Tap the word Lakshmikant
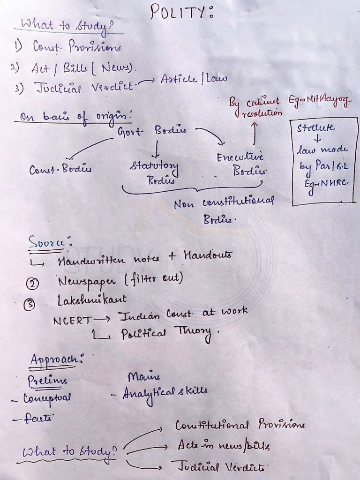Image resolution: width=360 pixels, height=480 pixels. coord(92,299)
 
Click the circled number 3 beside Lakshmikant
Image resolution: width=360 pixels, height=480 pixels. coord(30,304)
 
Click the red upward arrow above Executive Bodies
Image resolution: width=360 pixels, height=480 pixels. coord(255,133)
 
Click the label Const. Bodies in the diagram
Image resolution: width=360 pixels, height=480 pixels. coord(60,170)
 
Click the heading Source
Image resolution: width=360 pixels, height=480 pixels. coord(49,241)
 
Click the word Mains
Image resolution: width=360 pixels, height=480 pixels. coord(143,376)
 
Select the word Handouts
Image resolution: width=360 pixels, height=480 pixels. coord(207,255)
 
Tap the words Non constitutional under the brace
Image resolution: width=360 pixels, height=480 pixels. coord(224,203)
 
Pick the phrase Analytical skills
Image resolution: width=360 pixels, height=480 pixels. coord(165,392)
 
